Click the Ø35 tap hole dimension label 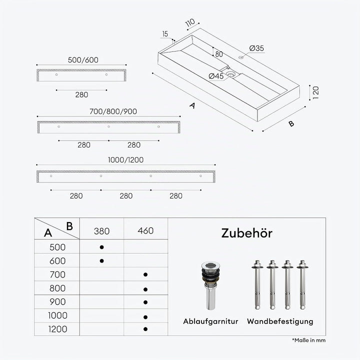[x=256, y=48]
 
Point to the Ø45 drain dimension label [x=216, y=76]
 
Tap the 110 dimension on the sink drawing [x=190, y=22]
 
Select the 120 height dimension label [x=316, y=92]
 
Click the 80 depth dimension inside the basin [x=219, y=54]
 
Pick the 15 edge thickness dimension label [x=165, y=34]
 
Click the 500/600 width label [x=83, y=60]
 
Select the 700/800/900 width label [x=113, y=111]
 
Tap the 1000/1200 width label [x=126, y=160]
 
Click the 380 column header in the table [x=101, y=231]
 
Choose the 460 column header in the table [x=145, y=230]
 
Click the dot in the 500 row [x=101, y=247]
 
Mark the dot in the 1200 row [x=145, y=329]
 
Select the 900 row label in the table [x=57, y=301]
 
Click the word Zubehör [x=247, y=233]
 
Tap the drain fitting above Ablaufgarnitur [x=211, y=285]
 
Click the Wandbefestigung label [x=280, y=321]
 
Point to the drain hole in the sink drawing [x=230, y=74]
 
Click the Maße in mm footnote [x=309, y=340]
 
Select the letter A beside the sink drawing [x=192, y=105]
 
